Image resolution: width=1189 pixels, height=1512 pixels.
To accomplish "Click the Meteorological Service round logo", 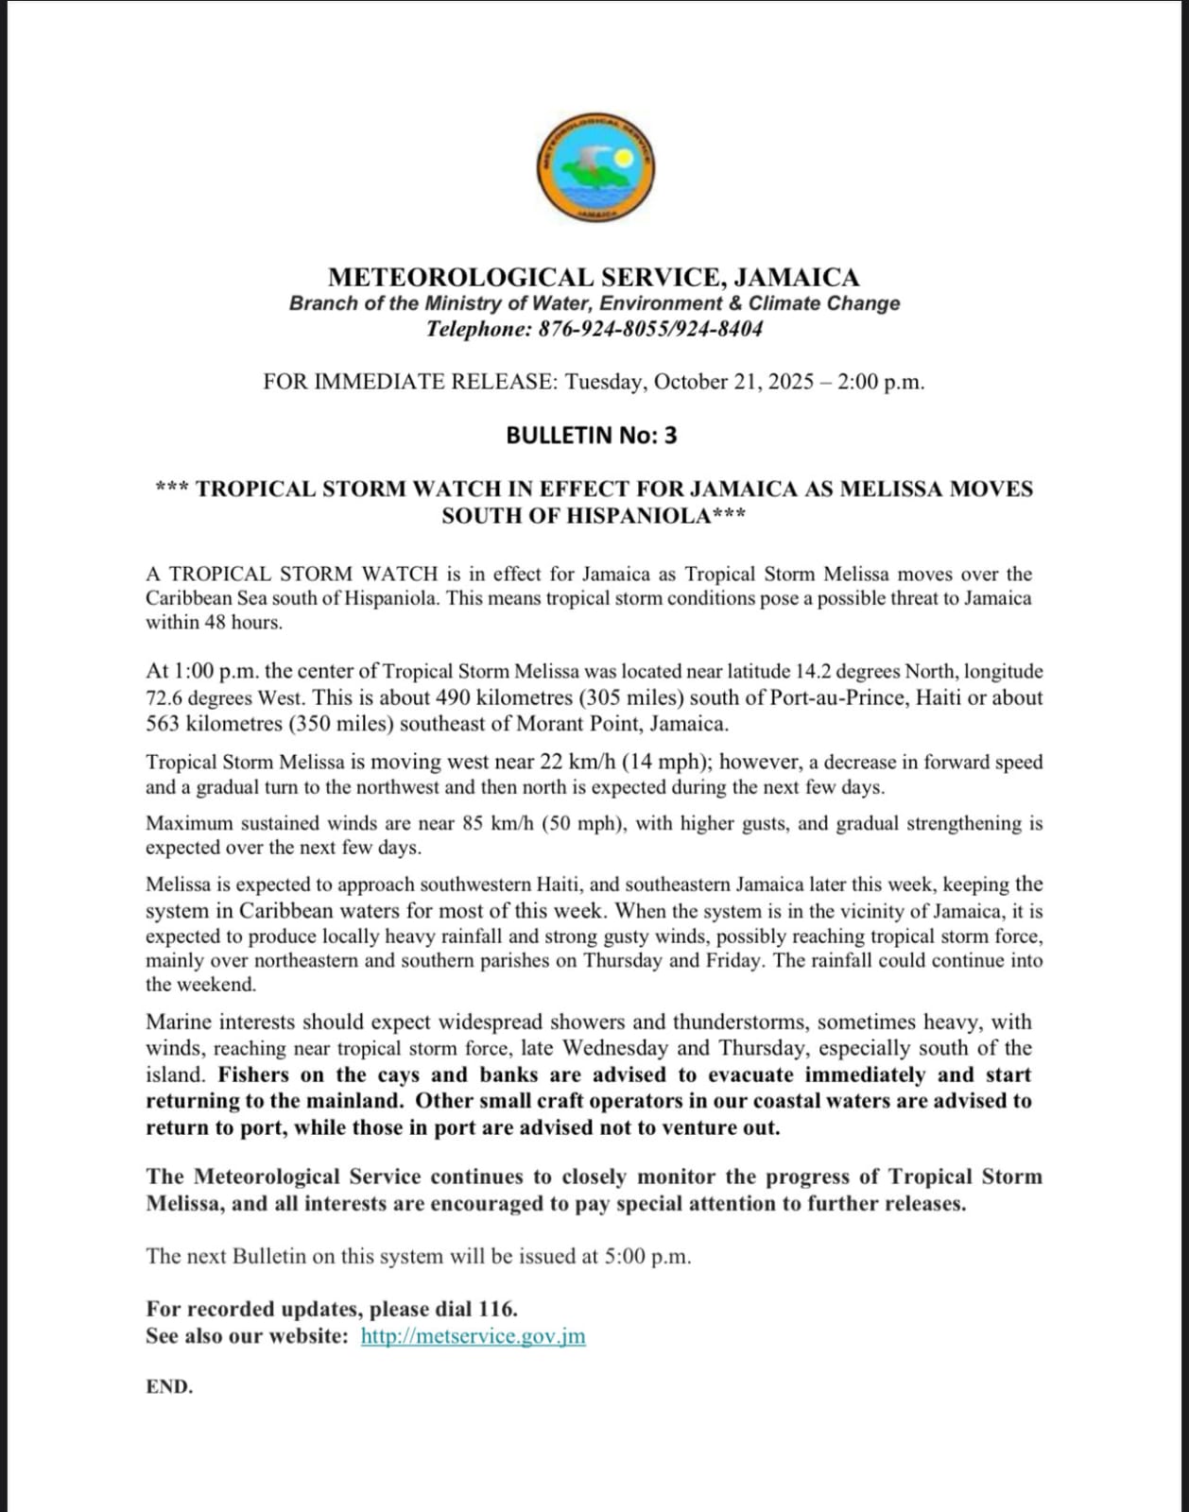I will [x=595, y=169].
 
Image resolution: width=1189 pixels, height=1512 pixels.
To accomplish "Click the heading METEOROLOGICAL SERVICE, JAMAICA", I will [x=594, y=278].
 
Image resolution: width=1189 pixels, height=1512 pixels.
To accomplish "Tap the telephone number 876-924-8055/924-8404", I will [x=650, y=330].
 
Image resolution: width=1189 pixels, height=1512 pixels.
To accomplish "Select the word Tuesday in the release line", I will [x=603, y=382].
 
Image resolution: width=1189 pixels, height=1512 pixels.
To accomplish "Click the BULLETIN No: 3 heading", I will [x=592, y=436].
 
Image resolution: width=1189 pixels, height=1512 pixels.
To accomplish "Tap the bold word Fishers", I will [x=253, y=1075].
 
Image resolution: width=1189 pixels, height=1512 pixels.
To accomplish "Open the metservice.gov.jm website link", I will [x=473, y=1336].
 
